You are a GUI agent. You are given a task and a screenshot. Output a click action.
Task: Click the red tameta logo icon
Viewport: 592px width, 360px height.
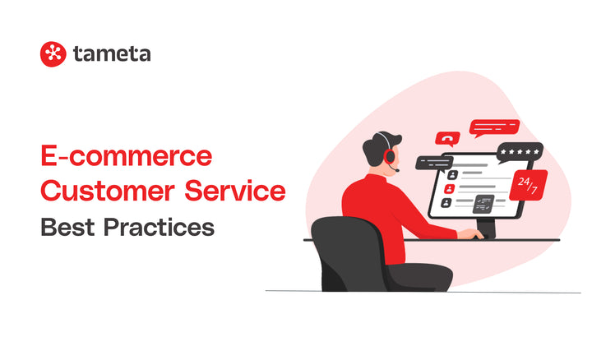[53, 54]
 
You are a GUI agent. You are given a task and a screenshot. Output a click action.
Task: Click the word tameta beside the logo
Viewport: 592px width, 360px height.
[112, 54]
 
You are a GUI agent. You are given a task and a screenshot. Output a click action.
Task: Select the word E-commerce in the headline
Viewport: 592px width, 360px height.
[126, 157]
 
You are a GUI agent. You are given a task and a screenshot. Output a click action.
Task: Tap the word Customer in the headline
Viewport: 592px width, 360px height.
[104, 191]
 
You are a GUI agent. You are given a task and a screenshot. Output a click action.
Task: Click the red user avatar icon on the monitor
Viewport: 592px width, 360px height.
[448, 201]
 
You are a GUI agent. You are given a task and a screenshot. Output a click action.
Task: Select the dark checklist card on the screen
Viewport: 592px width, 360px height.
[483, 203]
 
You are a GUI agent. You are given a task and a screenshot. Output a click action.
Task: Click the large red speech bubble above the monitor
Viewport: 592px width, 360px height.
[493, 127]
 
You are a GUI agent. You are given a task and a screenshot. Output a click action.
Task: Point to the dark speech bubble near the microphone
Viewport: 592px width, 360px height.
[433, 162]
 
